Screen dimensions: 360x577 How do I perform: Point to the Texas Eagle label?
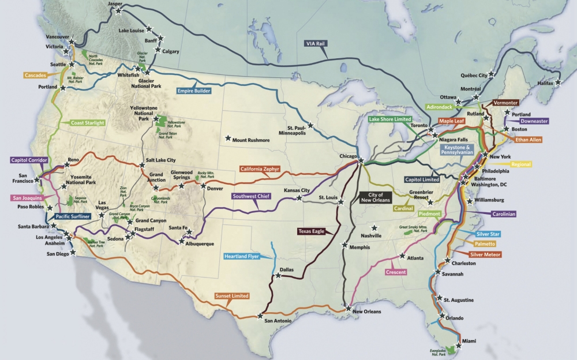point(312,231)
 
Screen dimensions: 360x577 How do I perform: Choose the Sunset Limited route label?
point(232,296)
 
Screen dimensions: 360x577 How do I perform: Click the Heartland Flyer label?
point(242,256)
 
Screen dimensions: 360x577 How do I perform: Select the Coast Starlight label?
point(88,123)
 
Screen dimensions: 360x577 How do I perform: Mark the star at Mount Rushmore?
point(228,139)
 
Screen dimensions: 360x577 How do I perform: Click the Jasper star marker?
point(119,10)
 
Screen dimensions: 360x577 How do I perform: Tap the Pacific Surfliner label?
point(76,216)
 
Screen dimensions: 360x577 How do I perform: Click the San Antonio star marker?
point(260,316)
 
